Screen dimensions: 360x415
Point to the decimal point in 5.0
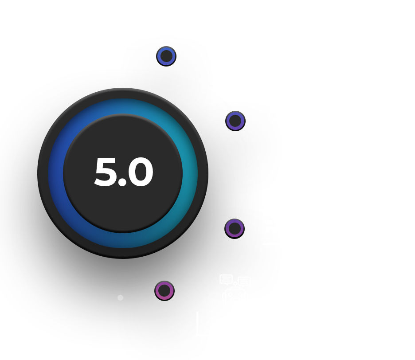point(122,183)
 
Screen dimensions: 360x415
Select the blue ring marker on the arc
point(166,56)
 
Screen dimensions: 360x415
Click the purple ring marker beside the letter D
point(235,121)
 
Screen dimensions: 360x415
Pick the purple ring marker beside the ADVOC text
point(234,228)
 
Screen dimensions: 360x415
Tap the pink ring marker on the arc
point(164,291)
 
